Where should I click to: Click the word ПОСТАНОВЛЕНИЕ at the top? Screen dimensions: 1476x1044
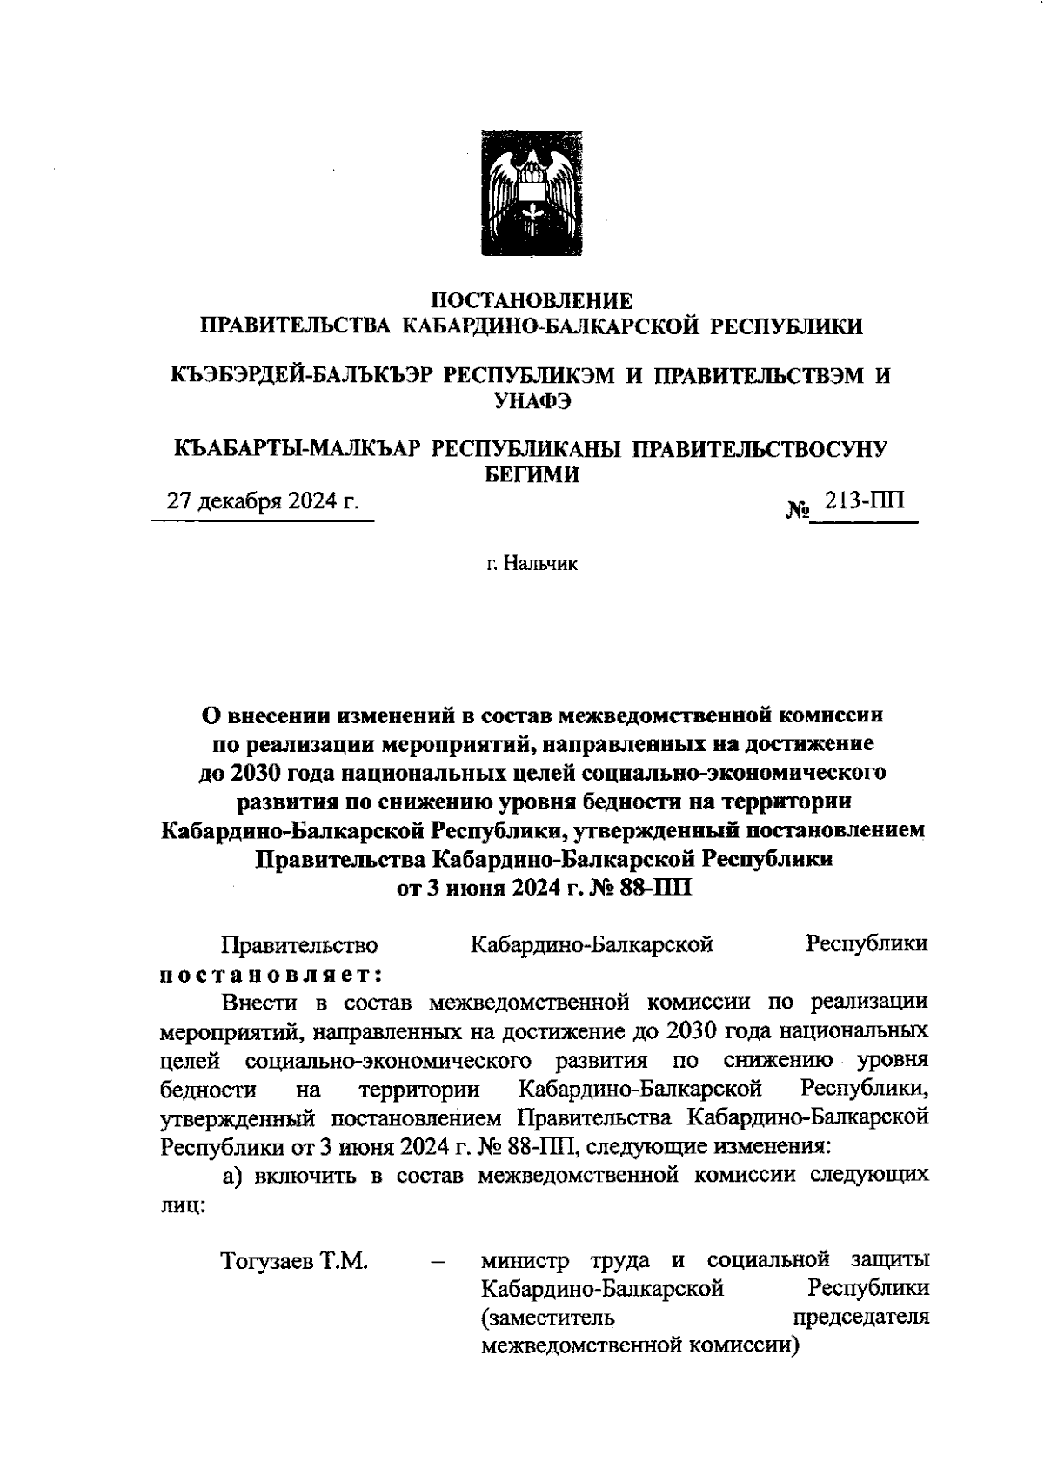pyautogui.click(x=532, y=301)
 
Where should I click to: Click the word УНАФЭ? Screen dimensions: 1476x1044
pyautogui.click(x=532, y=401)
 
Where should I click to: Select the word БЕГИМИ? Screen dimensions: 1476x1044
pyautogui.click(x=532, y=474)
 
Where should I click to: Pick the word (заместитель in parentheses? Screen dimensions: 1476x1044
pyautogui.click(x=547, y=1317)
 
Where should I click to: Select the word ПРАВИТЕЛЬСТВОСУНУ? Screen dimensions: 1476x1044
pyautogui.click(x=757, y=449)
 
